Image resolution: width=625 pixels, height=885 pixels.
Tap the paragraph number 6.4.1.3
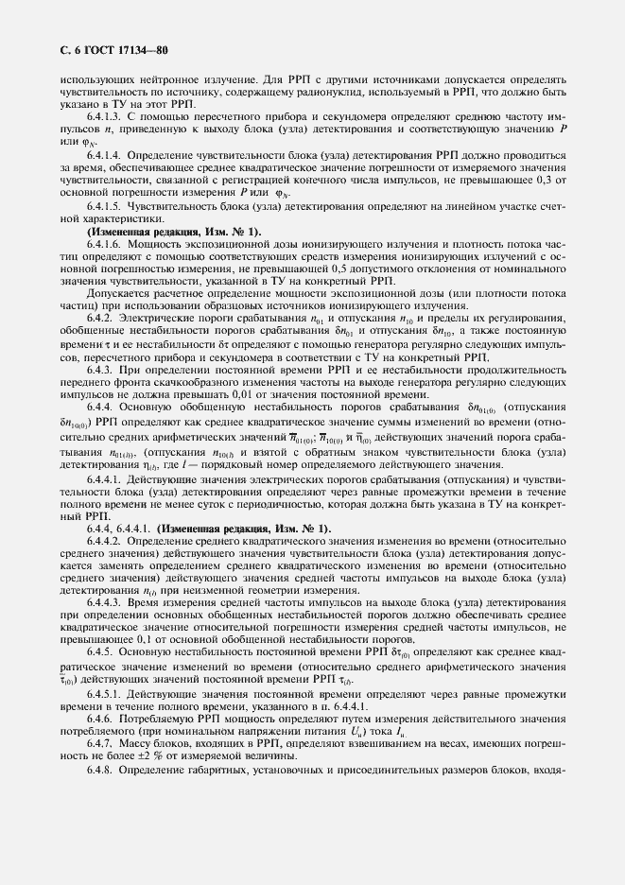click(x=104, y=113)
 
